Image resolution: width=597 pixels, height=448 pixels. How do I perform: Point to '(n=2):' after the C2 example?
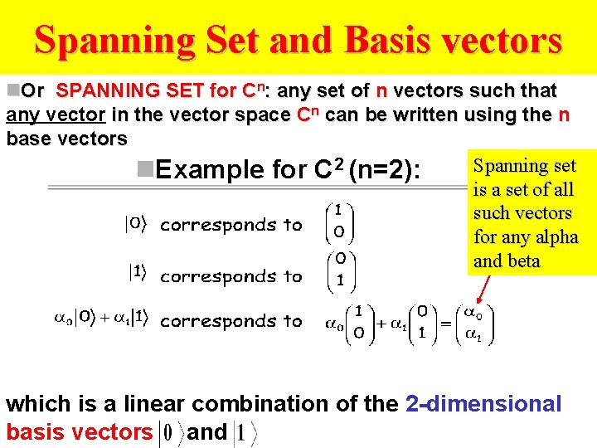click(386, 170)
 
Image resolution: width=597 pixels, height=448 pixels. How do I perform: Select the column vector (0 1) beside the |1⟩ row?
click(339, 269)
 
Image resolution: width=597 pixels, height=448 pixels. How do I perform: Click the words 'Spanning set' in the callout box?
click(523, 167)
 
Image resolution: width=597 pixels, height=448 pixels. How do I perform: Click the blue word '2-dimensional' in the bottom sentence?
click(483, 404)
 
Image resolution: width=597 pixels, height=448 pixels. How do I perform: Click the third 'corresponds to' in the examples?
click(231, 321)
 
